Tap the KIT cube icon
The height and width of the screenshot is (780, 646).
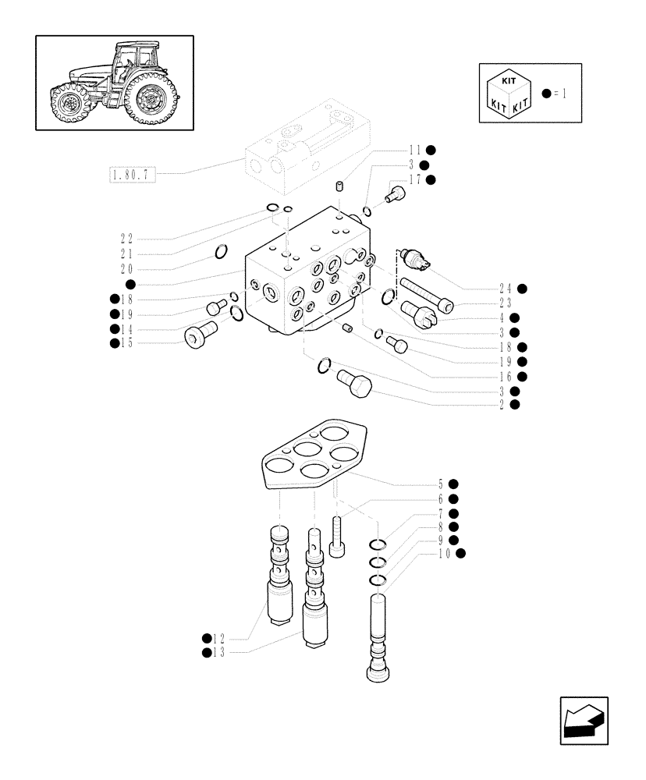pos(509,93)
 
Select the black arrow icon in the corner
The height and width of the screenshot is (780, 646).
pos(583,721)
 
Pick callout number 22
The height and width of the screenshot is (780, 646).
pos(126,238)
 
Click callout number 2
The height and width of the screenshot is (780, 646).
pos(503,404)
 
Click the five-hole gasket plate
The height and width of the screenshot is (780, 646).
pos(312,456)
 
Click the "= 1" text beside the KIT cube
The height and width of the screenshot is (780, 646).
pos(559,93)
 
